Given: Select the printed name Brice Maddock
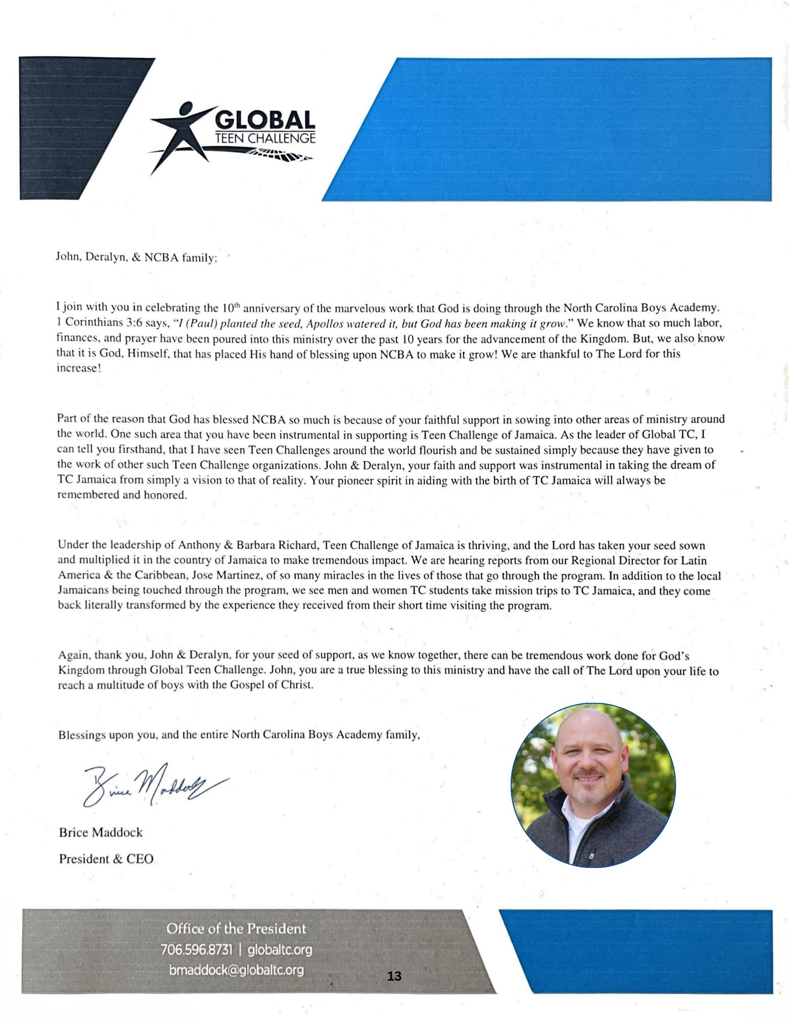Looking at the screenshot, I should click(x=101, y=832).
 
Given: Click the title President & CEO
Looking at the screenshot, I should click(x=106, y=859).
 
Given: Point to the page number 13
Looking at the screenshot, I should click(x=394, y=976).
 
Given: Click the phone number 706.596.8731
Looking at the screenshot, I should click(x=197, y=950).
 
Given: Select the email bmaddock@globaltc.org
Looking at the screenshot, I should click(x=236, y=970).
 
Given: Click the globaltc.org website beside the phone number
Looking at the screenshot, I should click(x=279, y=950).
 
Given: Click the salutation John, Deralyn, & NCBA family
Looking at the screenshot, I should click(x=136, y=258).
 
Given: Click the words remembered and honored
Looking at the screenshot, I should click(x=122, y=495).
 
